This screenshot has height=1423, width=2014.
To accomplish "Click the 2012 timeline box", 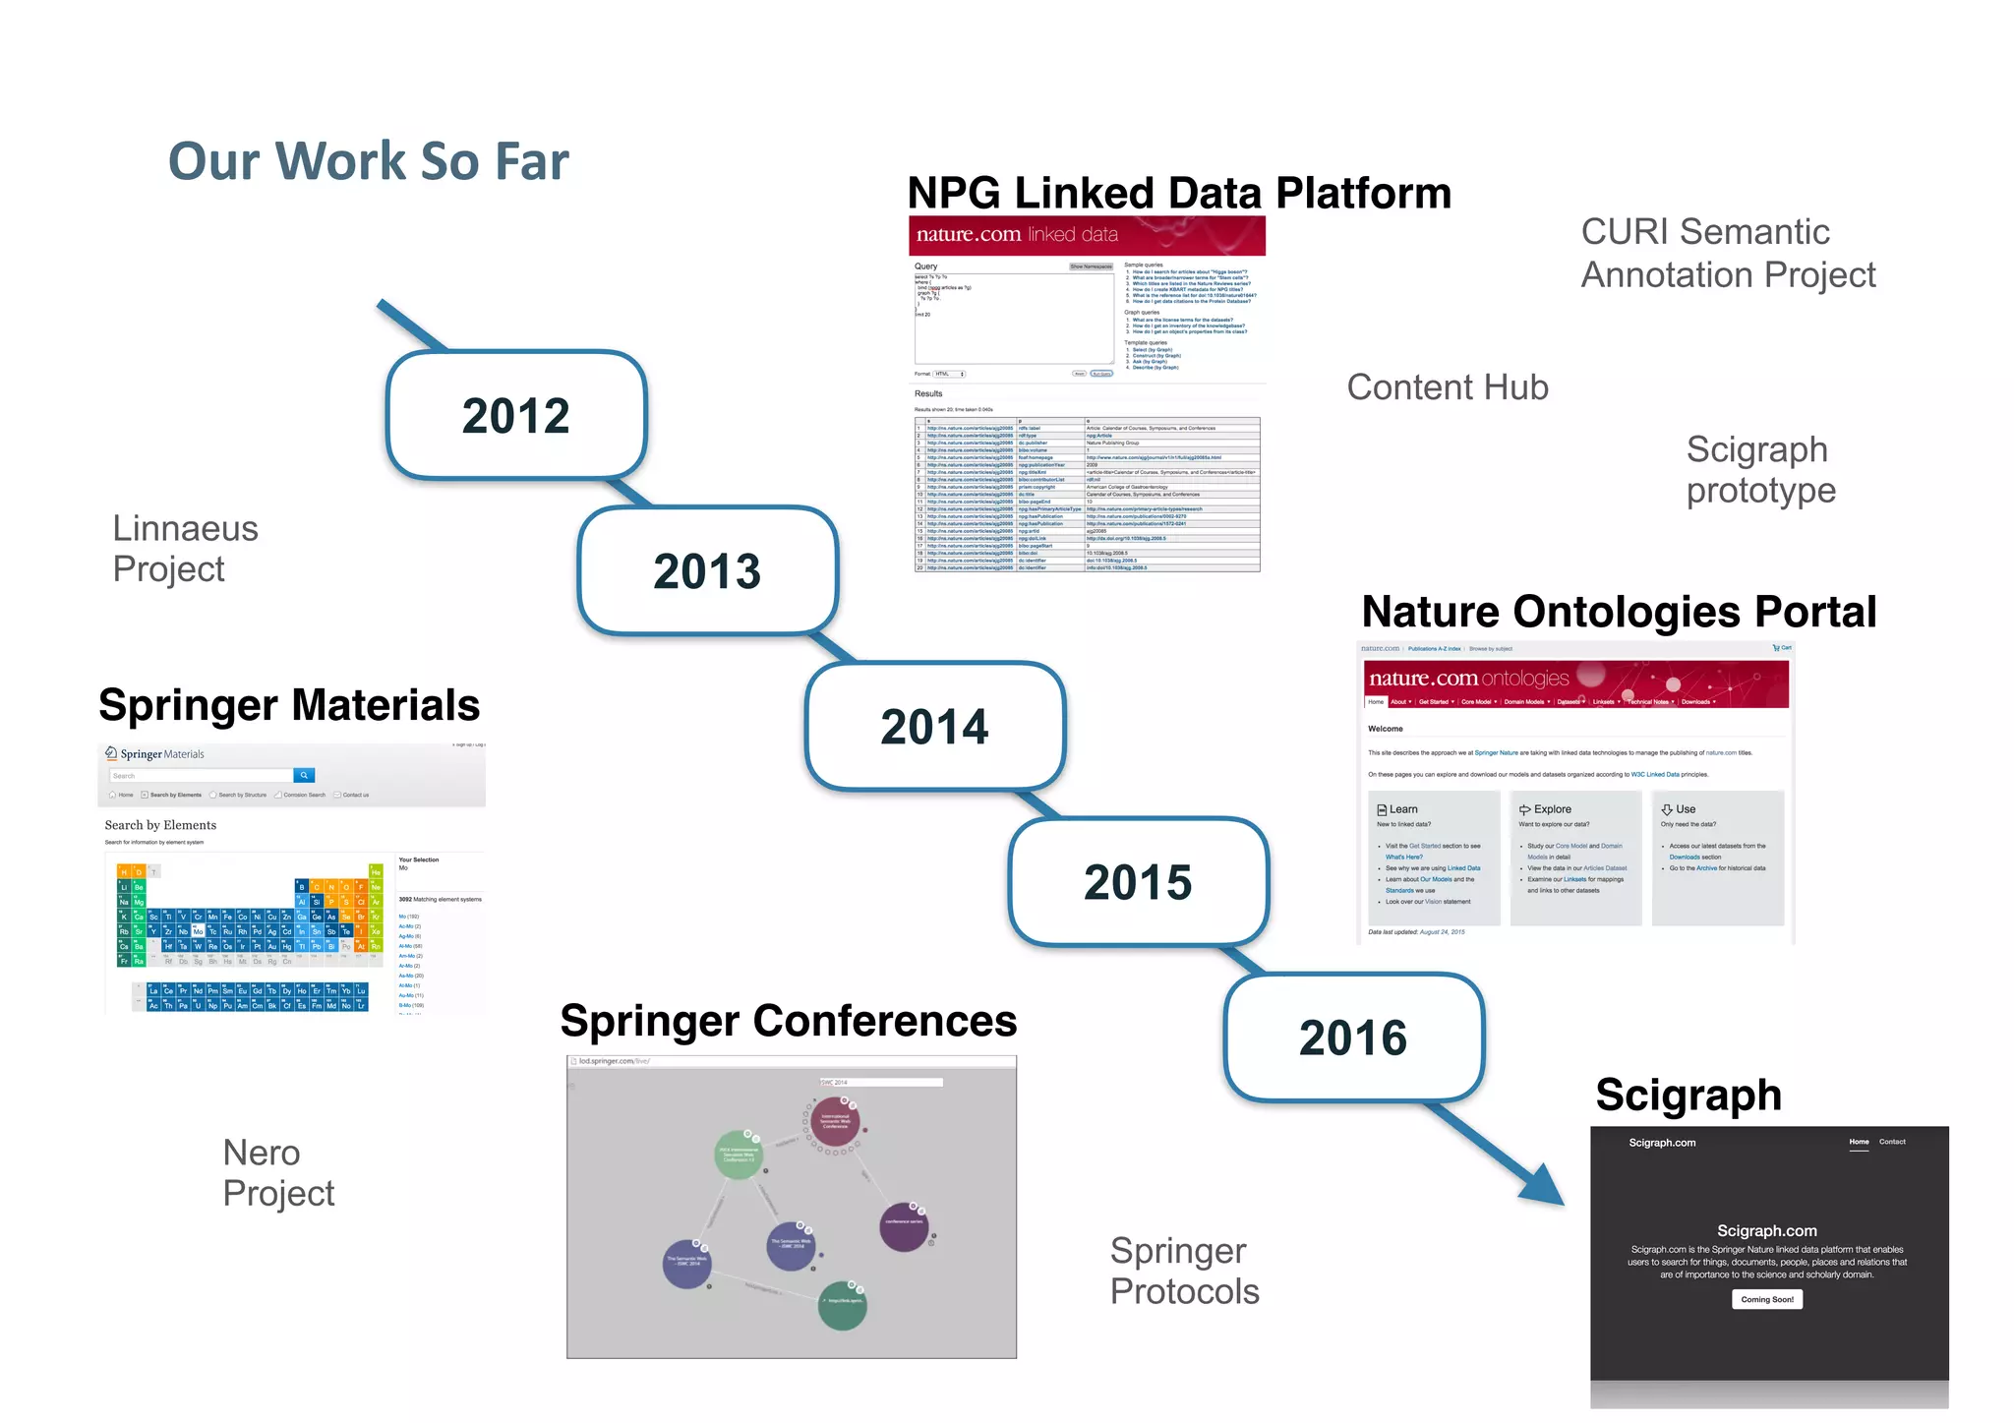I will (x=516, y=416).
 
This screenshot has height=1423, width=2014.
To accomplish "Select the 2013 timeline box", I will (x=707, y=571).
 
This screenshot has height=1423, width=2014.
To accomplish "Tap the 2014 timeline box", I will (x=934, y=727).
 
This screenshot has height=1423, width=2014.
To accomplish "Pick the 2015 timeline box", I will (x=1138, y=882).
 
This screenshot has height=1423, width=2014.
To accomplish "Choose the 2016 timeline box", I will (x=1353, y=1038).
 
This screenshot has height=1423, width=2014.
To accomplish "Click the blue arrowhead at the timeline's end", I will (x=1543, y=1186).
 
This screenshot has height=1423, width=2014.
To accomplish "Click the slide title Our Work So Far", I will (x=369, y=161).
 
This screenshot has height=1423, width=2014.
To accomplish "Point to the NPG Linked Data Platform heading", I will (x=1179, y=193).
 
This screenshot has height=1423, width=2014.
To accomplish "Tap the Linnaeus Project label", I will (x=185, y=549).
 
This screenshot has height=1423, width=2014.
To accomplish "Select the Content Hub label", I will (x=1447, y=387).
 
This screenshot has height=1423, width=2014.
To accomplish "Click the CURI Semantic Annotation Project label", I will (x=1728, y=254).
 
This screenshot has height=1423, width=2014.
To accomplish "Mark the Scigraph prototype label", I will (x=1760, y=469).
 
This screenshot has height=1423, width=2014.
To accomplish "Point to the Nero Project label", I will (x=278, y=1172).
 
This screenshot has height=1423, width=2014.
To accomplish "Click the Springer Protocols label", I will (x=1184, y=1271).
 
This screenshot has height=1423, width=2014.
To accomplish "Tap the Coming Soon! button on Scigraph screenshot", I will (x=1767, y=1299).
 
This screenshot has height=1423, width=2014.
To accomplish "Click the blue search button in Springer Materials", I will (x=305, y=775).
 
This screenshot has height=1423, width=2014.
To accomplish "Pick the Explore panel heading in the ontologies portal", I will (x=1552, y=809).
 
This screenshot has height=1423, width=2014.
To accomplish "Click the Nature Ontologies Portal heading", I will (x=1619, y=612).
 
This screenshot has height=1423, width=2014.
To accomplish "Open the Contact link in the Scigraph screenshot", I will (x=1892, y=1142).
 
